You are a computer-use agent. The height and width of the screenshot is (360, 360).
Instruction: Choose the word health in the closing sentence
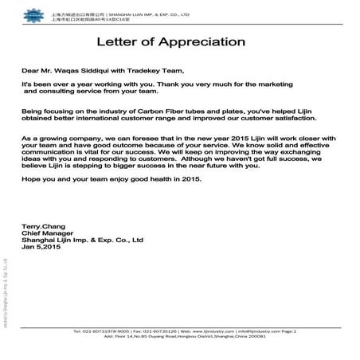pos(156,180)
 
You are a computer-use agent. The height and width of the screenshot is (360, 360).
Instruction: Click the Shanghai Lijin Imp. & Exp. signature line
pos(82,240)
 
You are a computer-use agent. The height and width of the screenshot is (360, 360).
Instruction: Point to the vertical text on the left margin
pos(6,295)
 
